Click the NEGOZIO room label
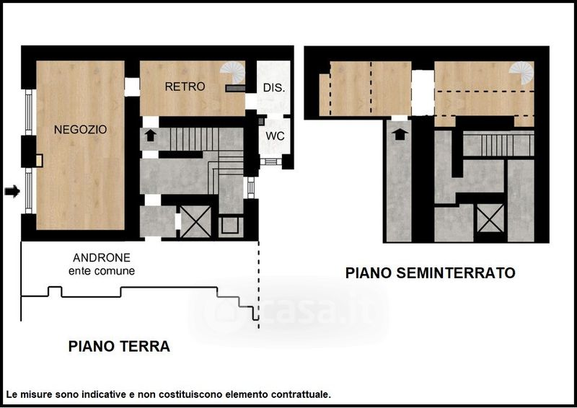click(x=80, y=130)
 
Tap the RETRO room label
click(x=185, y=87)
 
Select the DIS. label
click(x=274, y=87)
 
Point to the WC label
click(x=275, y=136)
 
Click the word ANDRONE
click(x=102, y=257)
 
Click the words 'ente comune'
click(x=102, y=271)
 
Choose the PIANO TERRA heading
click(x=119, y=346)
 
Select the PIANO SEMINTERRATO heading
click(x=430, y=273)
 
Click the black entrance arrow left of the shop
click(x=12, y=191)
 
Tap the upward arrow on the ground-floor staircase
click(x=150, y=136)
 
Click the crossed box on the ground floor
click(x=195, y=221)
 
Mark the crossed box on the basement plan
click(x=490, y=218)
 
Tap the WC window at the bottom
click(x=271, y=161)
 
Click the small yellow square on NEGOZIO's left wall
click(x=39, y=161)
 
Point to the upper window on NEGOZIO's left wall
click(x=29, y=112)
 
